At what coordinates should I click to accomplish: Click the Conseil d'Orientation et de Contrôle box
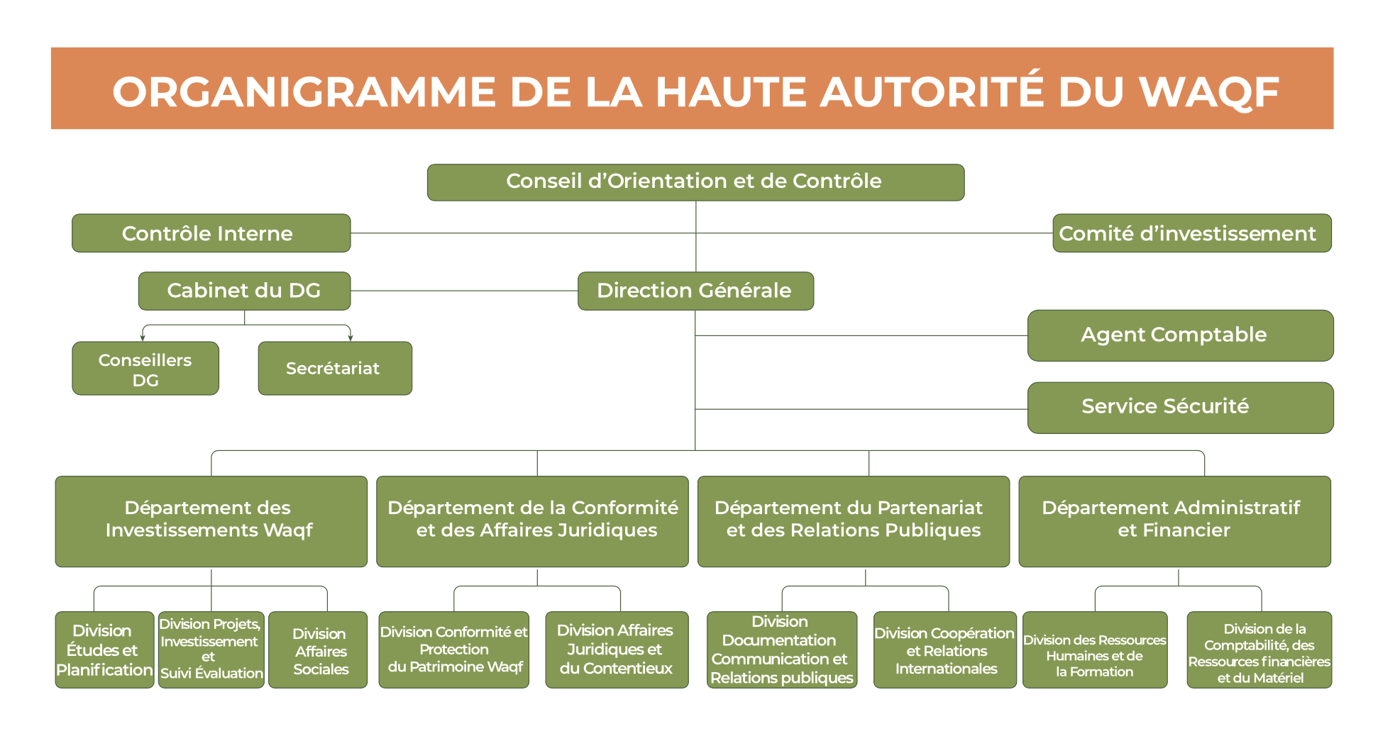tap(695, 182)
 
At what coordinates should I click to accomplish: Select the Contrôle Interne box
tap(211, 233)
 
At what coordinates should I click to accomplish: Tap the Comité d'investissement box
tap(1191, 233)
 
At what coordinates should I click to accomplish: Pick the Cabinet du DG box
tap(244, 291)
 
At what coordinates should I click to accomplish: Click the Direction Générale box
tap(695, 291)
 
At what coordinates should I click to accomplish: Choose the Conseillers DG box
tap(145, 369)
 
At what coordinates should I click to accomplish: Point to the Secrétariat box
tap(335, 369)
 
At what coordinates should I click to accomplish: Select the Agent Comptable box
tap(1180, 335)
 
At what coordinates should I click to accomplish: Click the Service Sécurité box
tap(1180, 408)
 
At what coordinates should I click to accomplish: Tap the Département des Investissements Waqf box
tap(211, 521)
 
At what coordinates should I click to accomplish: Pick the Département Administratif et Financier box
tap(1174, 521)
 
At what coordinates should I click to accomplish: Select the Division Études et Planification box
tap(104, 650)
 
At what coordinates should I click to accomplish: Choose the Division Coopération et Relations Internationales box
tap(945, 650)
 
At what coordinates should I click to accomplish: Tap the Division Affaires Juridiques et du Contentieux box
tap(617, 650)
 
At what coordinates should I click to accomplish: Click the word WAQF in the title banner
tap(1208, 92)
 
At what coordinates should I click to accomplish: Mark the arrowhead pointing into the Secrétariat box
tap(350, 338)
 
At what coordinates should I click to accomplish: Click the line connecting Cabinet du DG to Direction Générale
tap(464, 291)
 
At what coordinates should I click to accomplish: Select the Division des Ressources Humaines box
tap(1095, 650)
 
